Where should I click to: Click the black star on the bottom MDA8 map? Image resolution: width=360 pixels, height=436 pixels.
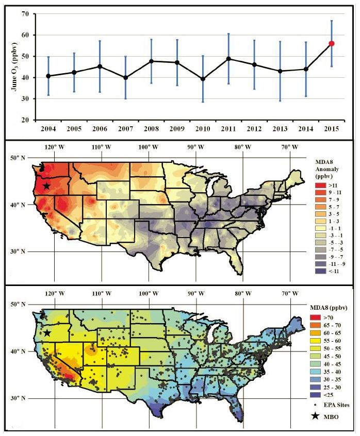click(x=46, y=333)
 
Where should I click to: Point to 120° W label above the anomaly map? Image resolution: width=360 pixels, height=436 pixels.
click(x=55, y=147)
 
